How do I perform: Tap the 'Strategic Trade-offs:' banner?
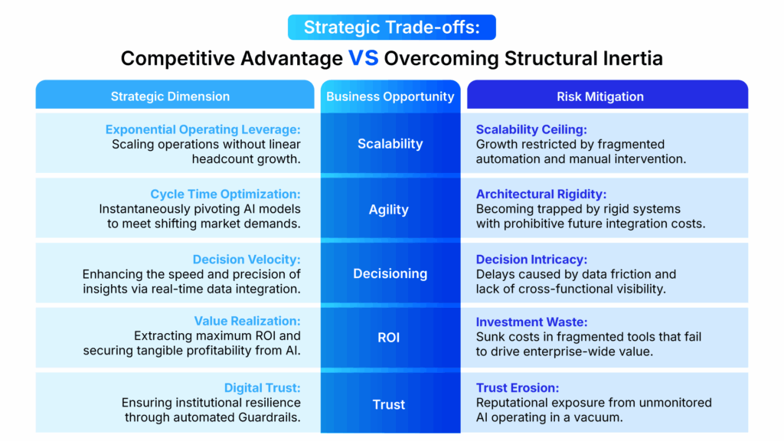391,27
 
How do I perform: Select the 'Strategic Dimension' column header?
170,96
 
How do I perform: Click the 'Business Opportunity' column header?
390,96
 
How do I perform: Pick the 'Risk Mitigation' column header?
599,96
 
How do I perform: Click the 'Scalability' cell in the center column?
390,143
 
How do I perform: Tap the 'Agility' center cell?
389,209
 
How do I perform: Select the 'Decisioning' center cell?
390,273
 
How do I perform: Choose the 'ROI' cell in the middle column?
389,338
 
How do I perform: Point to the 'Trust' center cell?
389,404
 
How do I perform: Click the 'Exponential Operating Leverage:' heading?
203,129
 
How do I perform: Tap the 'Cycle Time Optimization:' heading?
225,194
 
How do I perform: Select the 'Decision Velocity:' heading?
247,260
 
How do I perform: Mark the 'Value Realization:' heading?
247,322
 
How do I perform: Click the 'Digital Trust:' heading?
262,388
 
